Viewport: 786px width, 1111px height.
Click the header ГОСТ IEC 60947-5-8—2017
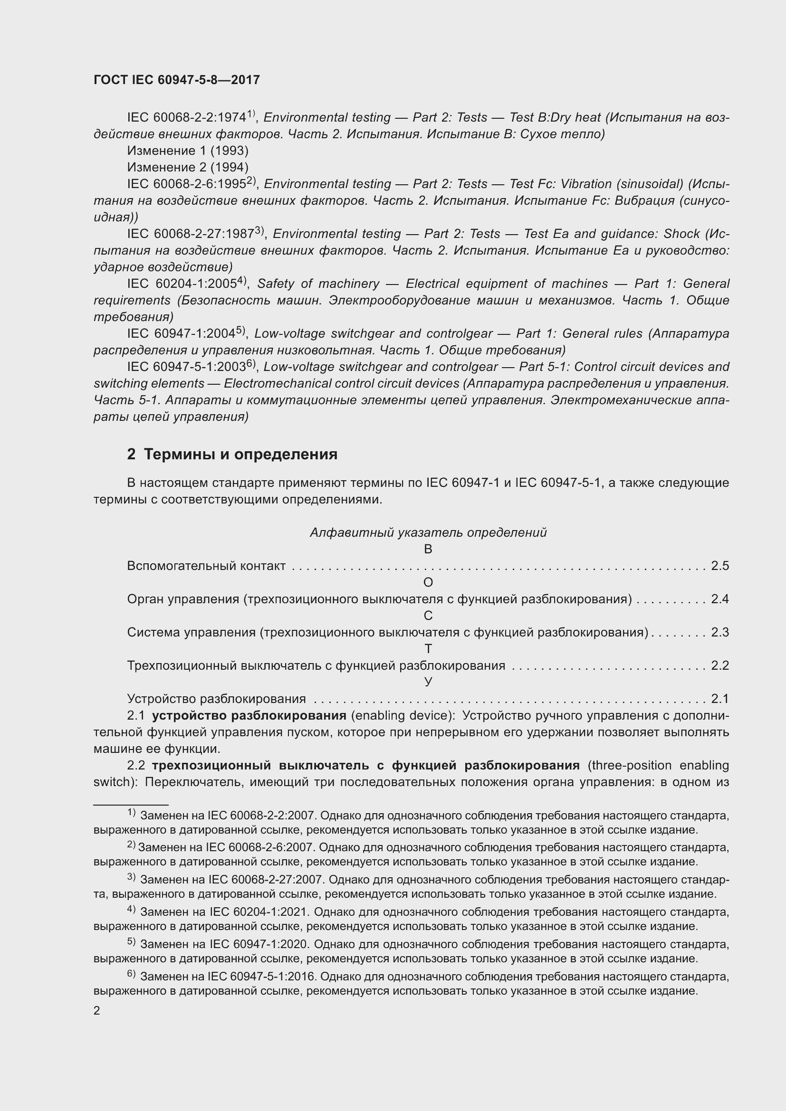(177, 80)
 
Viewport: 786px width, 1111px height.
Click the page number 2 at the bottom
(97, 1010)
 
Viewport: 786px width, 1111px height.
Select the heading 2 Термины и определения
(232, 454)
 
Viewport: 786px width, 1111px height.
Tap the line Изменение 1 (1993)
(188, 151)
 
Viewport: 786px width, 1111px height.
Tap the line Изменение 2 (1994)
(188, 167)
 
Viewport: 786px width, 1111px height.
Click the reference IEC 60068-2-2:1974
(186, 118)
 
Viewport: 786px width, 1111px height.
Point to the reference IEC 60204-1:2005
(182, 284)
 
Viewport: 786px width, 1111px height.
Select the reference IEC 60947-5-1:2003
(186, 367)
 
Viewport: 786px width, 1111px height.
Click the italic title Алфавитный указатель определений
(428, 532)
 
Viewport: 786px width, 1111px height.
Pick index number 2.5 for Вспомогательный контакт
(719, 566)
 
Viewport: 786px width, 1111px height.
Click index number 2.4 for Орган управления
(719, 599)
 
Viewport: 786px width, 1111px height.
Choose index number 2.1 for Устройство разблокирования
(719, 699)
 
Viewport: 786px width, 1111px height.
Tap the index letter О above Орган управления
(428, 583)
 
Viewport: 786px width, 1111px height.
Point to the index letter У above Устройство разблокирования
(428, 682)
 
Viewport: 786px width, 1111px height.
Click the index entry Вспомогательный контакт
(206, 566)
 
